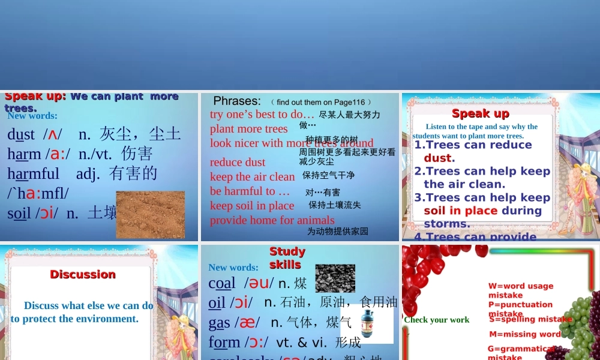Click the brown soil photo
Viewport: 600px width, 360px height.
tap(150, 214)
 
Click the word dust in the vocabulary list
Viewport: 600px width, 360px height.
tap(21, 134)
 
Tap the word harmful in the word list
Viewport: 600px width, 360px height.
tap(33, 174)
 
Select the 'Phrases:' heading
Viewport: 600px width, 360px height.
tap(237, 101)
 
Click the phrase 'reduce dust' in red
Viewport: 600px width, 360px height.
tap(238, 162)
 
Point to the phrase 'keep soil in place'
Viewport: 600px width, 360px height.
tap(252, 205)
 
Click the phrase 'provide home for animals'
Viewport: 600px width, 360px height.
tap(272, 220)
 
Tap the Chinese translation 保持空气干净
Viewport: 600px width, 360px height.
tap(328, 175)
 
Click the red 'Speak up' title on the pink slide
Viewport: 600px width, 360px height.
tap(480, 113)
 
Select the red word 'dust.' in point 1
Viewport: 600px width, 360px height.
tap(439, 158)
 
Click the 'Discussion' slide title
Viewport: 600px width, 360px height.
tap(83, 274)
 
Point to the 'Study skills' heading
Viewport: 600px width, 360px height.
tap(287, 257)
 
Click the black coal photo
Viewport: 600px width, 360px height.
tap(335, 278)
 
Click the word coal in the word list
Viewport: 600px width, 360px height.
tap(221, 283)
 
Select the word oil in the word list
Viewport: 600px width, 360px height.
tap(217, 302)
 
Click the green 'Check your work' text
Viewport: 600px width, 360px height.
tap(436, 320)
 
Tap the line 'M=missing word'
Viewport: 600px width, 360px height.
tap(525, 334)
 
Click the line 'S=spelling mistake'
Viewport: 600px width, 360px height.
tap(530, 319)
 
